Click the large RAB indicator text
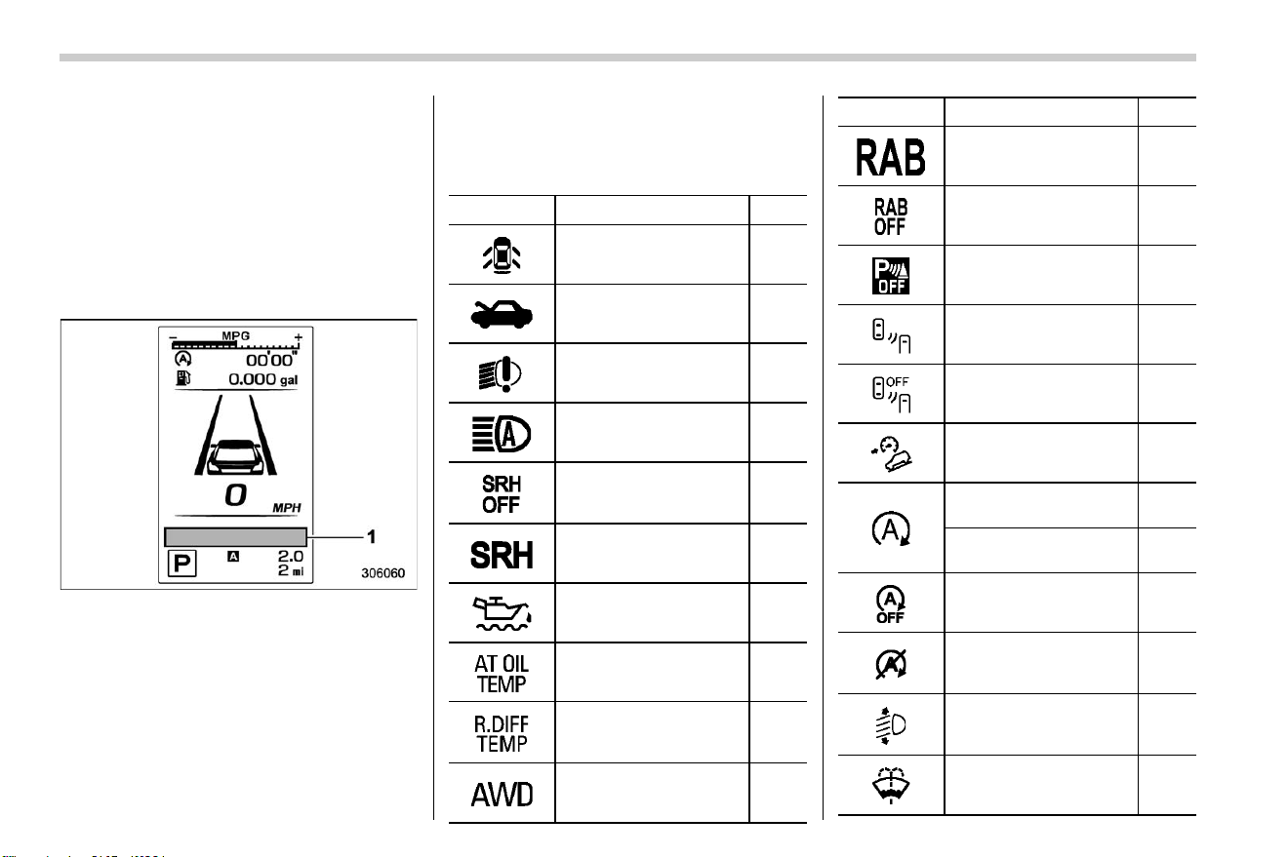click(890, 157)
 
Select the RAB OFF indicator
click(890, 216)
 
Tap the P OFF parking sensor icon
click(891, 276)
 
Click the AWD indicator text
click(502, 795)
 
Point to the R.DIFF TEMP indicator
click(501, 733)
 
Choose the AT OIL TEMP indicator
click(501, 674)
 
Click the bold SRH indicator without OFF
click(502, 555)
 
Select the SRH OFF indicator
click(501, 494)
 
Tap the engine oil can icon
click(502, 613)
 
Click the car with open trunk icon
click(502, 314)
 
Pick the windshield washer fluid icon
click(891, 785)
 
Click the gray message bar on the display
click(235, 537)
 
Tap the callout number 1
click(372, 537)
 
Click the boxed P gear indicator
click(181, 563)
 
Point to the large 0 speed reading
click(235, 495)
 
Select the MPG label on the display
click(236, 335)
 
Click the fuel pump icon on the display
click(182, 378)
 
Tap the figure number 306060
click(382, 572)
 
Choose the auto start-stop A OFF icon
click(890, 604)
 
